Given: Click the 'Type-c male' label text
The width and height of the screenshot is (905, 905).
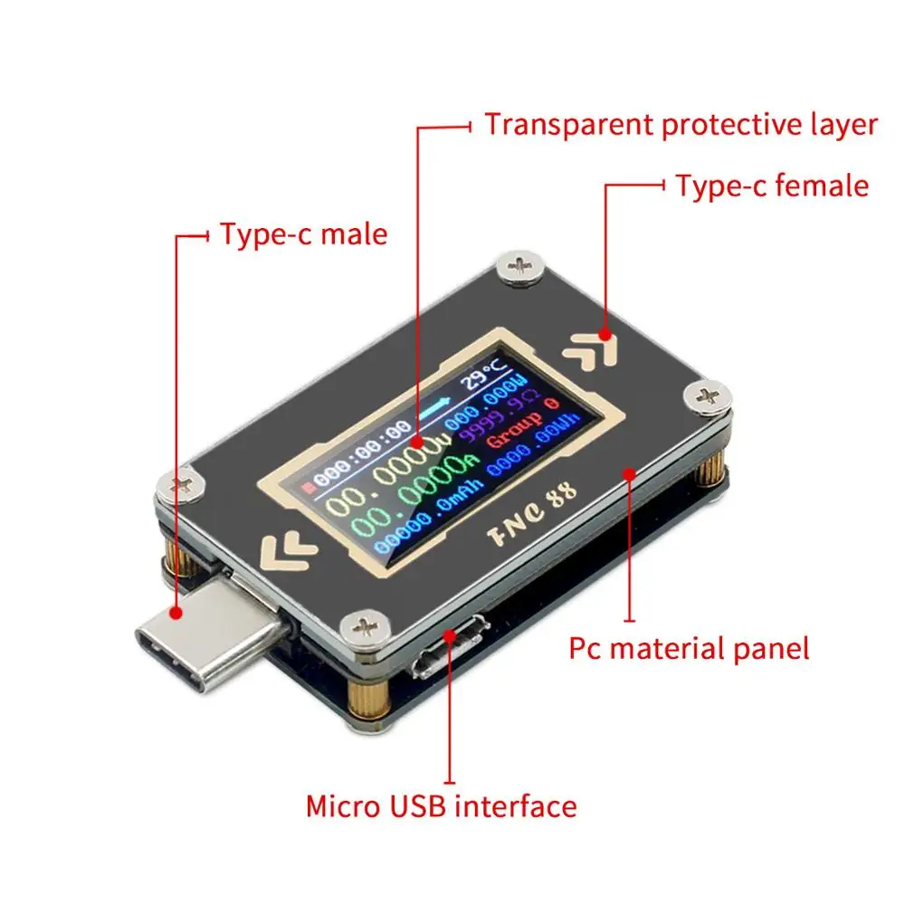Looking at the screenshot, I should click(304, 234).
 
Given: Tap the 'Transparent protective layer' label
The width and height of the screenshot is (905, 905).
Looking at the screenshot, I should click(681, 124).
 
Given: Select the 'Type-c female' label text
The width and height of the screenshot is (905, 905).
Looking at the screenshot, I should click(772, 186).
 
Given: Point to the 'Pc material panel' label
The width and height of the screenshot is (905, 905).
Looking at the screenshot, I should click(689, 648).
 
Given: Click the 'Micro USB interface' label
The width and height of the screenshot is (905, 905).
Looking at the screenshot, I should click(441, 805).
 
